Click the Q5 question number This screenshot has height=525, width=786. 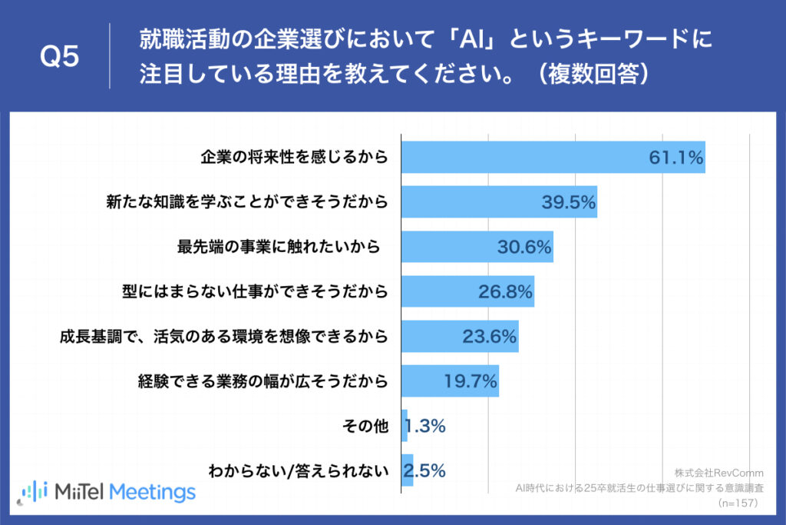tap(59, 58)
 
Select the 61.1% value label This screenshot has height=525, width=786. tap(676, 158)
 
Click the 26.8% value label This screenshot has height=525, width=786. tap(505, 291)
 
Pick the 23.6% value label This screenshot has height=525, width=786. tap(490, 336)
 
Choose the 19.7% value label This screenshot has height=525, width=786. tap(471, 380)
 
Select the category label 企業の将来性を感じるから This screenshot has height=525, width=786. tap(294, 158)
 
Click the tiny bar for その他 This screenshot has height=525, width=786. tap(405, 425)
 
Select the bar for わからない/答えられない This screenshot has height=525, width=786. tap(408, 470)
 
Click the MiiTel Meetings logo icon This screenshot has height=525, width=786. tap(35, 491)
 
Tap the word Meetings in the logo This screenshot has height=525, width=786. tap(153, 491)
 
